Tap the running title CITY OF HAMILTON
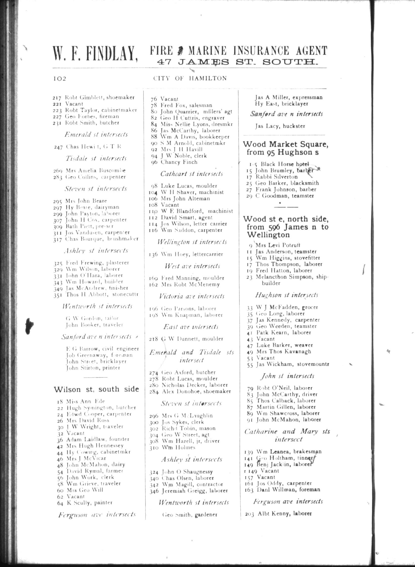point(190,78)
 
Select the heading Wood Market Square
point(286,144)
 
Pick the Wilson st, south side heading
point(96,389)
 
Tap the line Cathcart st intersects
point(192,174)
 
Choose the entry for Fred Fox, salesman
point(186,105)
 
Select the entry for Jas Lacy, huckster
point(280,126)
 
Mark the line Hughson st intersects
point(286,295)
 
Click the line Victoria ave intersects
point(192,296)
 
